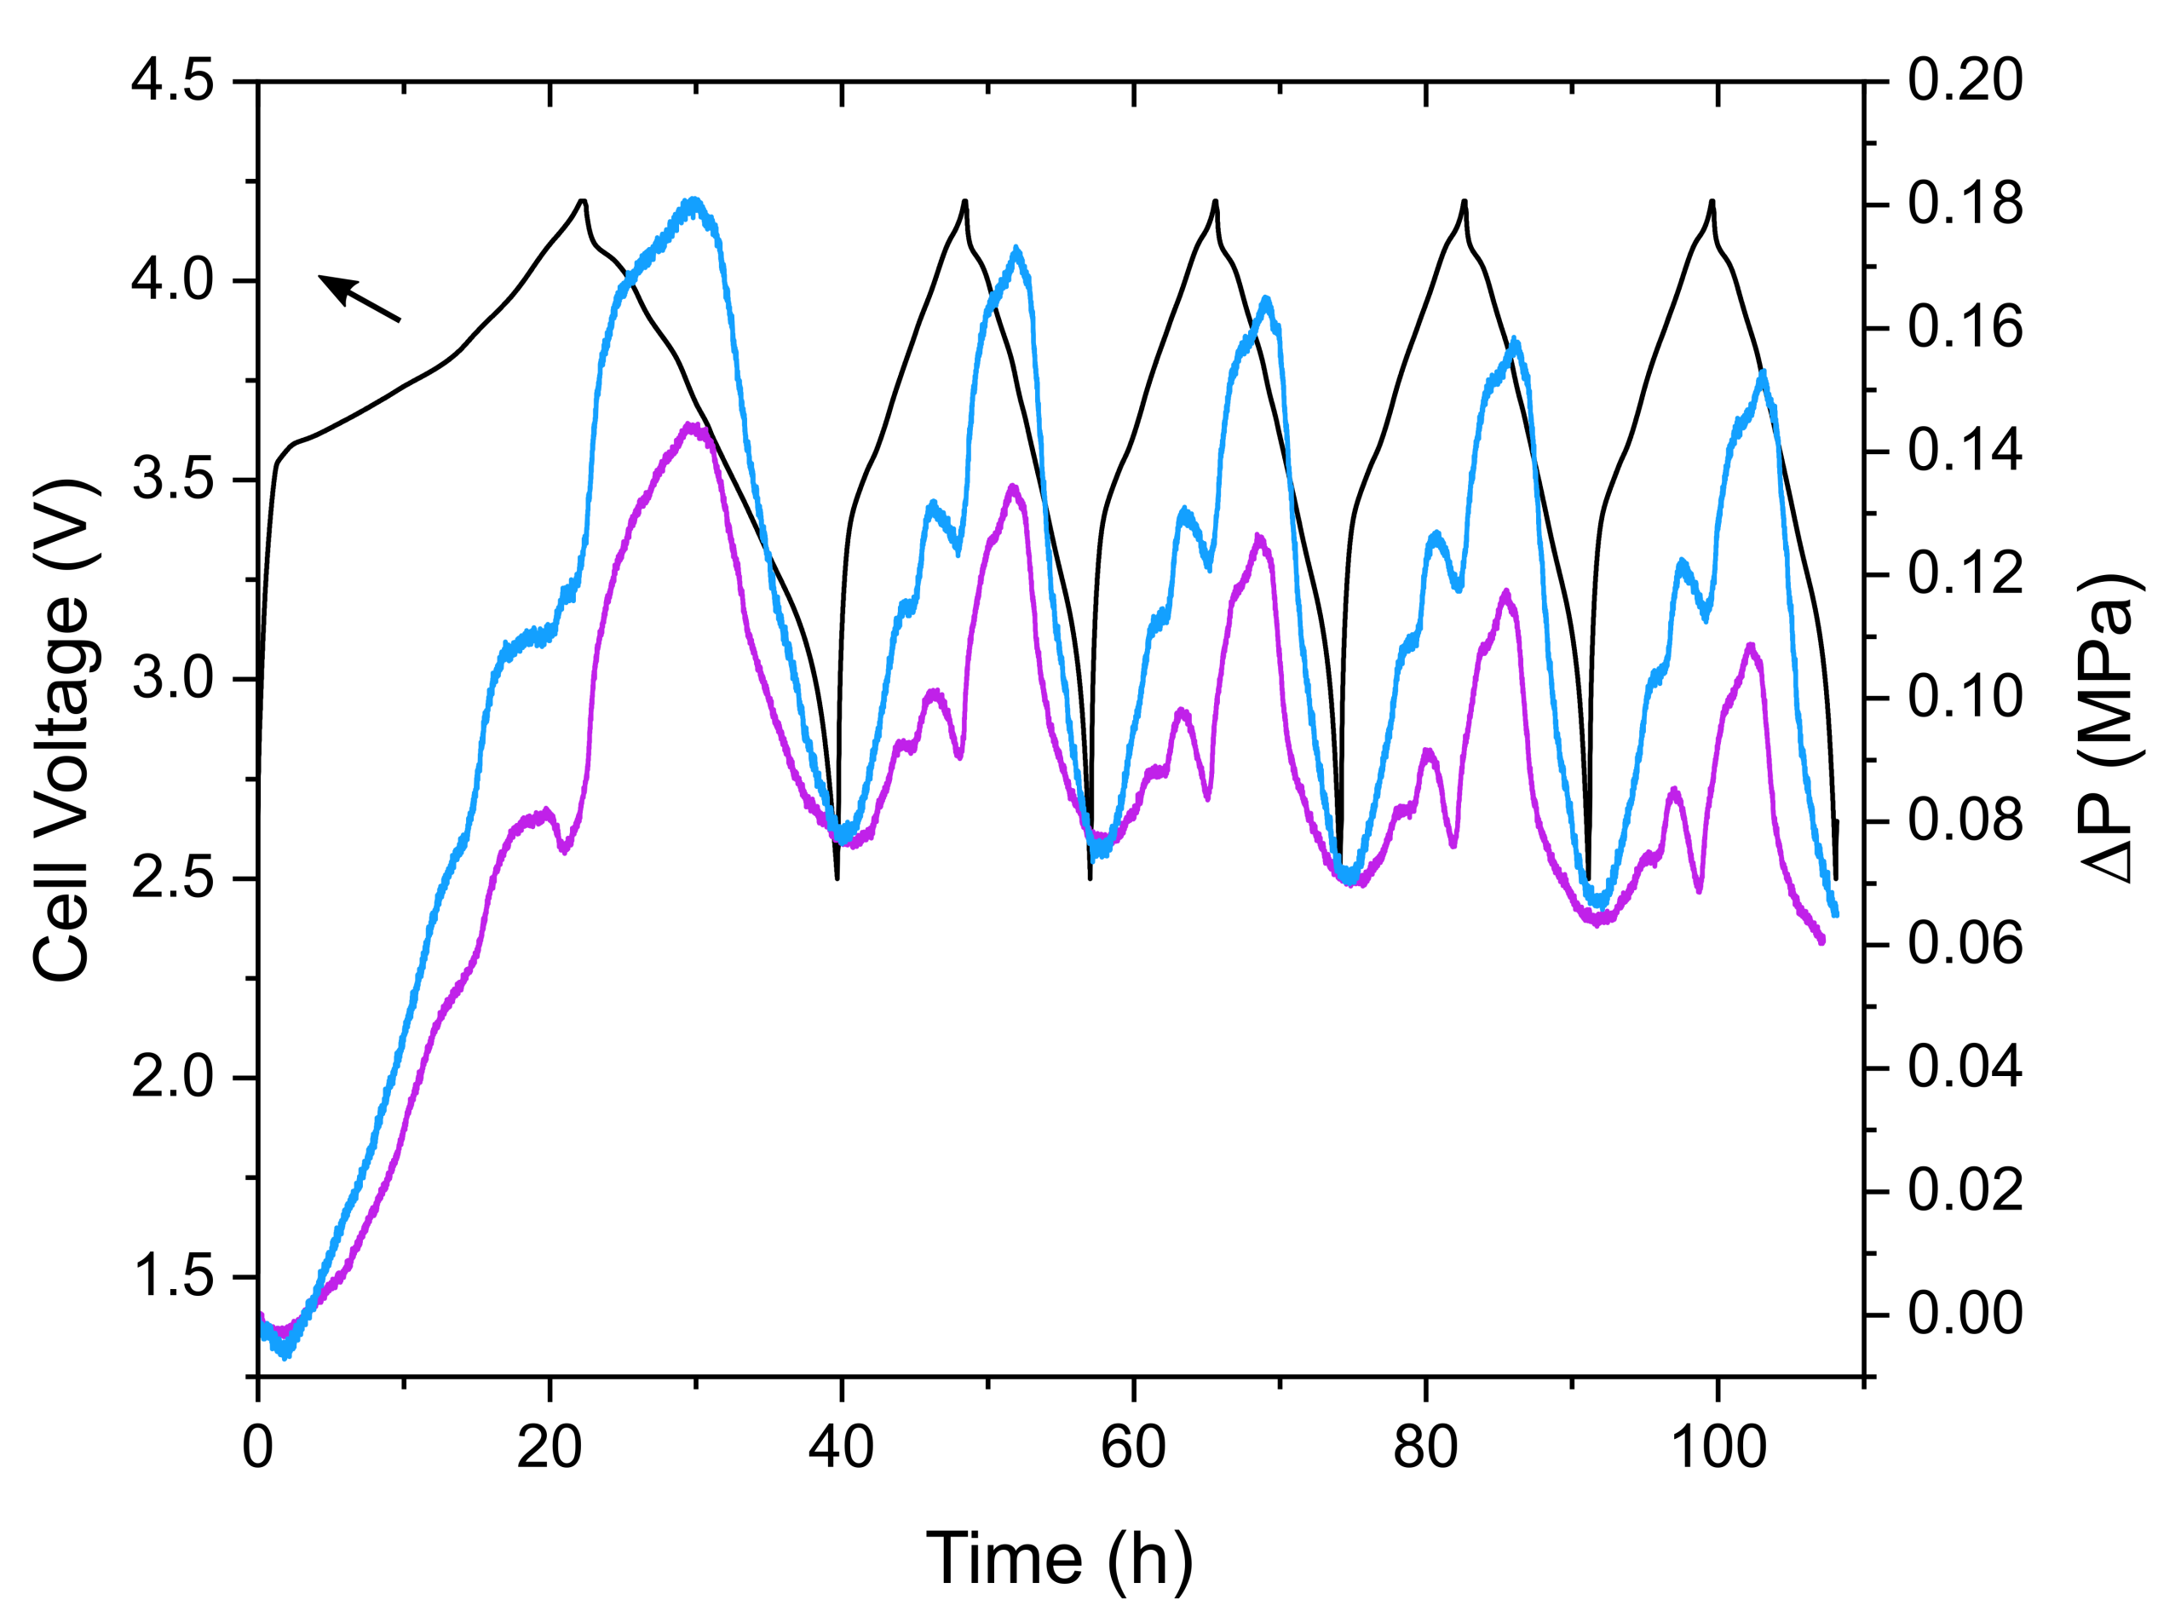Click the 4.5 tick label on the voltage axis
[172, 80]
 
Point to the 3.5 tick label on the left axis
[172, 480]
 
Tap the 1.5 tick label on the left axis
[172, 1276]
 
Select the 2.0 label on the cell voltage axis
[172, 1077]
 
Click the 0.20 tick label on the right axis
[1965, 80]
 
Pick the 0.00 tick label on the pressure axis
[1965, 1314]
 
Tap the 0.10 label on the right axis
[1965, 697]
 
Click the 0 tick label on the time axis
[257, 1447]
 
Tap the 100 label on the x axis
[1718, 1447]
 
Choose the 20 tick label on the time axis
[550, 1447]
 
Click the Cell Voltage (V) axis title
[63, 729]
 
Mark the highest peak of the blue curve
[694, 202]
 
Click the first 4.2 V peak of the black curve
[583, 201]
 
